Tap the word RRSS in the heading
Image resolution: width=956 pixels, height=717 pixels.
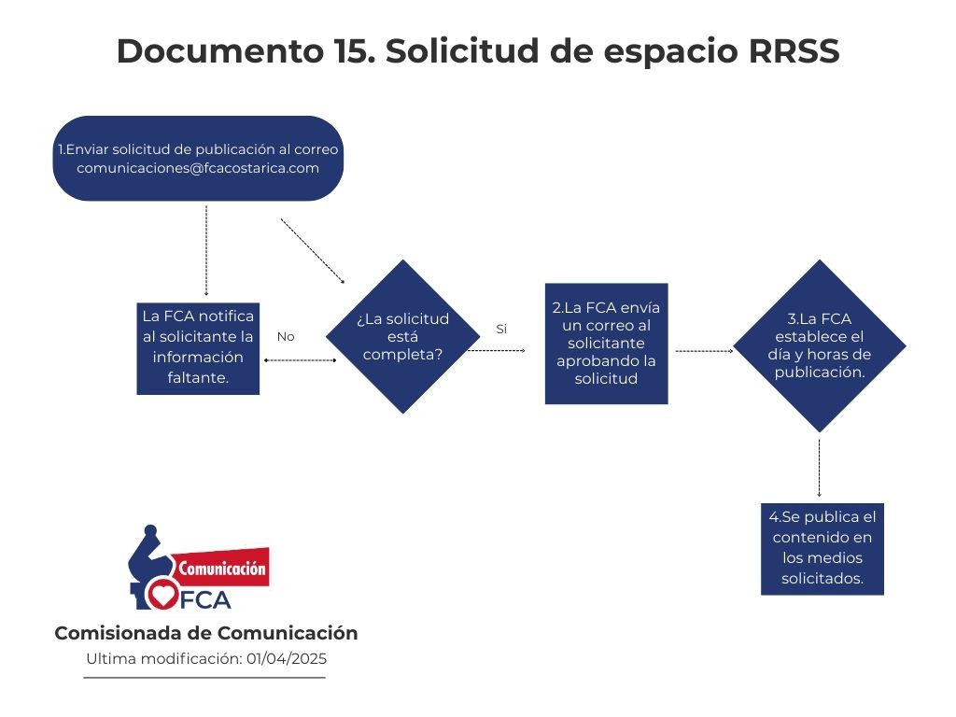[x=794, y=50]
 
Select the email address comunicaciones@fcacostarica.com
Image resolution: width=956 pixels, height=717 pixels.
[x=198, y=168]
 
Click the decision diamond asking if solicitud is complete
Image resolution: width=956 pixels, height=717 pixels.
[x=403, y=336]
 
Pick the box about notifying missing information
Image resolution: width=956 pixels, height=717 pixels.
[x=198, y=349]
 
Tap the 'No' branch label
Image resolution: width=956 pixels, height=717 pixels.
[x=286, y=336]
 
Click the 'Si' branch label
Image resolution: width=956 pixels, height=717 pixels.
[x=501, y=330]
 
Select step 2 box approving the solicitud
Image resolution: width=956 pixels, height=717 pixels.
[x=607, y=344]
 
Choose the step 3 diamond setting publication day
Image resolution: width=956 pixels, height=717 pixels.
[x=820, y=345]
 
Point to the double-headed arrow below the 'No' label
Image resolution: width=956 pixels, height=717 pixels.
[x=300, y=360]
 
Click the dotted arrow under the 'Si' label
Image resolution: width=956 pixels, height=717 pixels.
[x=497, y=351]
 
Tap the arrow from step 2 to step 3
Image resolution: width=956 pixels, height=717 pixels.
[x=704, y=351]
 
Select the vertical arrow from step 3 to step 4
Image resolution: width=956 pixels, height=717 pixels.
[x=819, y=469]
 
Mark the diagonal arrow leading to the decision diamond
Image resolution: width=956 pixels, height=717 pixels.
[x=313, y=251]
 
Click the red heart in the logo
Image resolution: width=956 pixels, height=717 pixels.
[x=162, y=594]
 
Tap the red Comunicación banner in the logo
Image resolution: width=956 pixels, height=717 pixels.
[x=220, y=568]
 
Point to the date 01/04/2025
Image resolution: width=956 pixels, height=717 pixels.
[x=287, y=659]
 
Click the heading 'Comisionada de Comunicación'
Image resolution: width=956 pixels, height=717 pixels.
[x=206, y=634]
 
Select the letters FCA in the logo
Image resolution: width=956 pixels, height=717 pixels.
[x=205, y=600]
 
